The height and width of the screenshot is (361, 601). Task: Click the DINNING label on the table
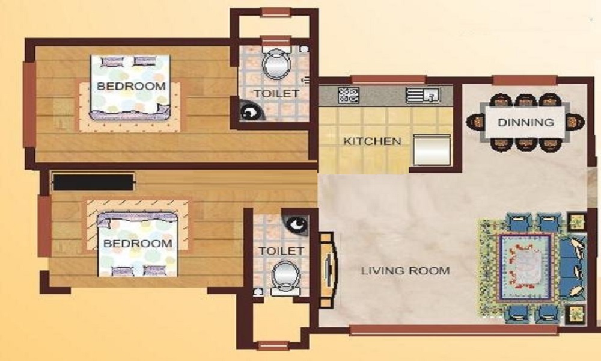tap(525, 122)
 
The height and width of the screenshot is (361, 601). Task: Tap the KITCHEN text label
tap(372, 141)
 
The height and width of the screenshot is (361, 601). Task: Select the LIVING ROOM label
tap(406, 271)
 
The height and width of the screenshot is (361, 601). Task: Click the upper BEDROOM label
tap(132, 86)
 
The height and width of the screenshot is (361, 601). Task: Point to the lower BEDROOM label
tap(138, 243)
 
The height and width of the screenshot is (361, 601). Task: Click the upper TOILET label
tap(276, 93)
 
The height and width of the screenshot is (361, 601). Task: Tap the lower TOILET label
tap(281, 251)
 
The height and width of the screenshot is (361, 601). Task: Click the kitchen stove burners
tap(349, 95)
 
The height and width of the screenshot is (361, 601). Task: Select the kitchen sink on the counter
tap(423, 95)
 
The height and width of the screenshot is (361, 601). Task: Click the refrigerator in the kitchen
tap(431, 150)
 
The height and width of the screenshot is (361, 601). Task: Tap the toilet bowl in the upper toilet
tap(276, 63)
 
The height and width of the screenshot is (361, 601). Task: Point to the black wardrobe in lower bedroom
tap(94, 182)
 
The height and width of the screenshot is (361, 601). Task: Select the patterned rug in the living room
tap(525, 267)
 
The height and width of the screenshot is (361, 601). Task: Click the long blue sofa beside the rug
tap(573, 267)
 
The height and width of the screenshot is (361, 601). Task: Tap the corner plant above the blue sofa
tap(576, 221)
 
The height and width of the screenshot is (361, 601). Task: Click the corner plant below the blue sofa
tap(576, 314)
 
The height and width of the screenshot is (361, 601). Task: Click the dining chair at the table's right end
tap(575, 122)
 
